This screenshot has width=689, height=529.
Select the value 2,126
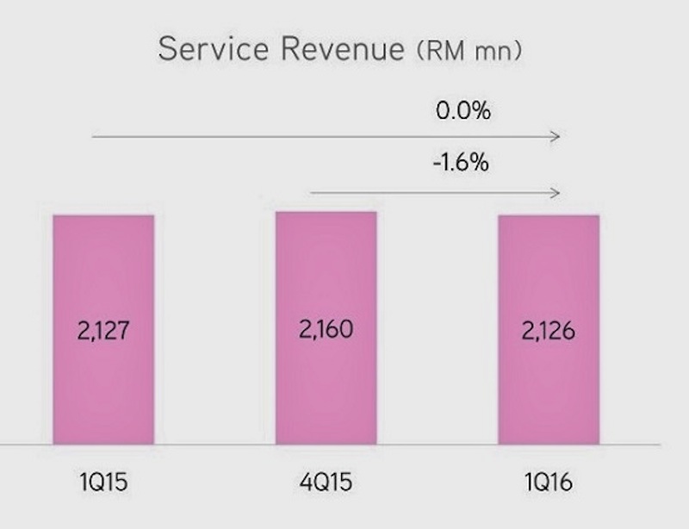(549, 331)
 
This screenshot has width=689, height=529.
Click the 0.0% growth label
(462, 111)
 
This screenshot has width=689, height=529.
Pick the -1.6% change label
(462, 163)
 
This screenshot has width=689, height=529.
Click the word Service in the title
(211, 48)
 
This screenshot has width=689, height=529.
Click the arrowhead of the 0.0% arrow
(558, 136)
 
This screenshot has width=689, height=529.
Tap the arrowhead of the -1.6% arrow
(558, 192)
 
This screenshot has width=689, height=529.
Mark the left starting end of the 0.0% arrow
(93, 136)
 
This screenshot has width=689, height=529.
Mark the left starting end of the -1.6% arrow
(311, 192)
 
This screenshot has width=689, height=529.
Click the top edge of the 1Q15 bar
(103, 215)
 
